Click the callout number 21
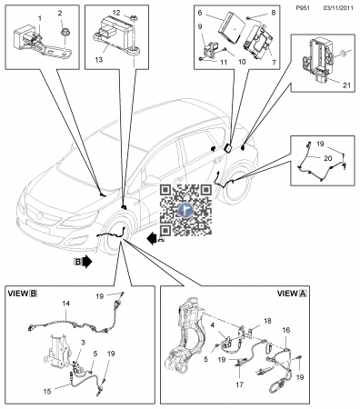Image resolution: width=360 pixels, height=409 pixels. coord(346,85)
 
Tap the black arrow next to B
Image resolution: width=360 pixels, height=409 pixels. coord(86,261)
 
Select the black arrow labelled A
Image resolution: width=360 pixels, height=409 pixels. coord(152,239)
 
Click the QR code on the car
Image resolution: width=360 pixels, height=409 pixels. coord(185,210)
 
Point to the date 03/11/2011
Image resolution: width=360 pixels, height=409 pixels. coord(338,8)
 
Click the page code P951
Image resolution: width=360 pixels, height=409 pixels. coord(303,8)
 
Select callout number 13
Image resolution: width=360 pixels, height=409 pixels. coord(99,60)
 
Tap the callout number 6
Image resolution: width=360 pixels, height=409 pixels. coord(200,13)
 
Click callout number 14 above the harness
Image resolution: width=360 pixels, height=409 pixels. coord(66,303)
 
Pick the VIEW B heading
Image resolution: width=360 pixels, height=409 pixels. coord(23,294)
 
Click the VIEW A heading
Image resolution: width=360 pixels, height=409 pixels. coord(292,294)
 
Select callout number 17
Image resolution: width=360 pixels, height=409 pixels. coord(239,384)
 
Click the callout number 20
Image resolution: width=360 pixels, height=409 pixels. coord(328,158)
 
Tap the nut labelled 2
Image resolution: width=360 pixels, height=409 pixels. coord(64,31)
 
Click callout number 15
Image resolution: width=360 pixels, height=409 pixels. coord(47,391)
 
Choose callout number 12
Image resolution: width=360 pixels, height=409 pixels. coord(116,13)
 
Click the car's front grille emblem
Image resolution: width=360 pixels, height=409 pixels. coord(39,216)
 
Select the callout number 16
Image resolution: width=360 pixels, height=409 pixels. coord(286,330)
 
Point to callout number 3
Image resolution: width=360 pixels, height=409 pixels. coord(83,343)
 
